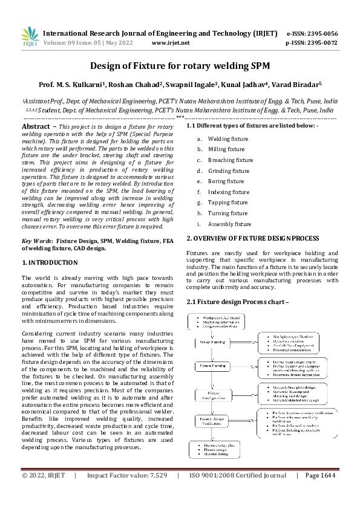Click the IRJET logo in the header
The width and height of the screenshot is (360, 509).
tap(29, 37)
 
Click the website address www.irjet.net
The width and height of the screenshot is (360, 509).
tap(171, 43)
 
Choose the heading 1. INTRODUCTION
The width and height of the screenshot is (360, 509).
tap(50, 262)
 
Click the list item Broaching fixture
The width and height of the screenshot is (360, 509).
tap(231, 160)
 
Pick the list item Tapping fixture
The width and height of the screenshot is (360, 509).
tap(227, 203)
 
